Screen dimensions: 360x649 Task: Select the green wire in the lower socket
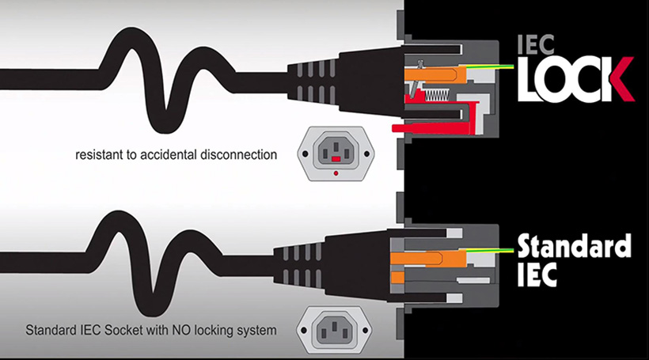pyautogui.click(x=491, y=250)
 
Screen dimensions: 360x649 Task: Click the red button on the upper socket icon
pyautogui.click(x=336, y=158)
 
